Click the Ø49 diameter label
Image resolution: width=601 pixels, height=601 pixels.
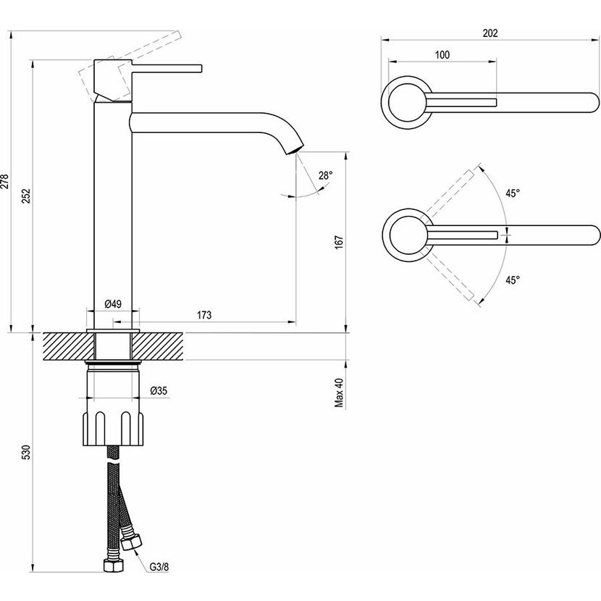pyautogui.click(x=112, y=303)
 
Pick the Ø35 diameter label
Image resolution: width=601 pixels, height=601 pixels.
pyautogui.click(x=159, y=390)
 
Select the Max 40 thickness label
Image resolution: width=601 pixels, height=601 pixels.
pyautogui.click(x=338, y=393)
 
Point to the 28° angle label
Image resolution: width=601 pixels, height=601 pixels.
pyautogui.click(x=325, y=175)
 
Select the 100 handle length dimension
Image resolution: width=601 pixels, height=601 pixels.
pyautogui.click(x=442, y=55)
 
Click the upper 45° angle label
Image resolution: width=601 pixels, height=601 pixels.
pyautogui.click(x=513, y=193)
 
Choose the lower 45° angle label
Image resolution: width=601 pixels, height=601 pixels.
pyautogui.click(x=513, y=280)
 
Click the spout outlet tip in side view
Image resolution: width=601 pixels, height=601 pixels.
pyautogui.click(x=293, y=149)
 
